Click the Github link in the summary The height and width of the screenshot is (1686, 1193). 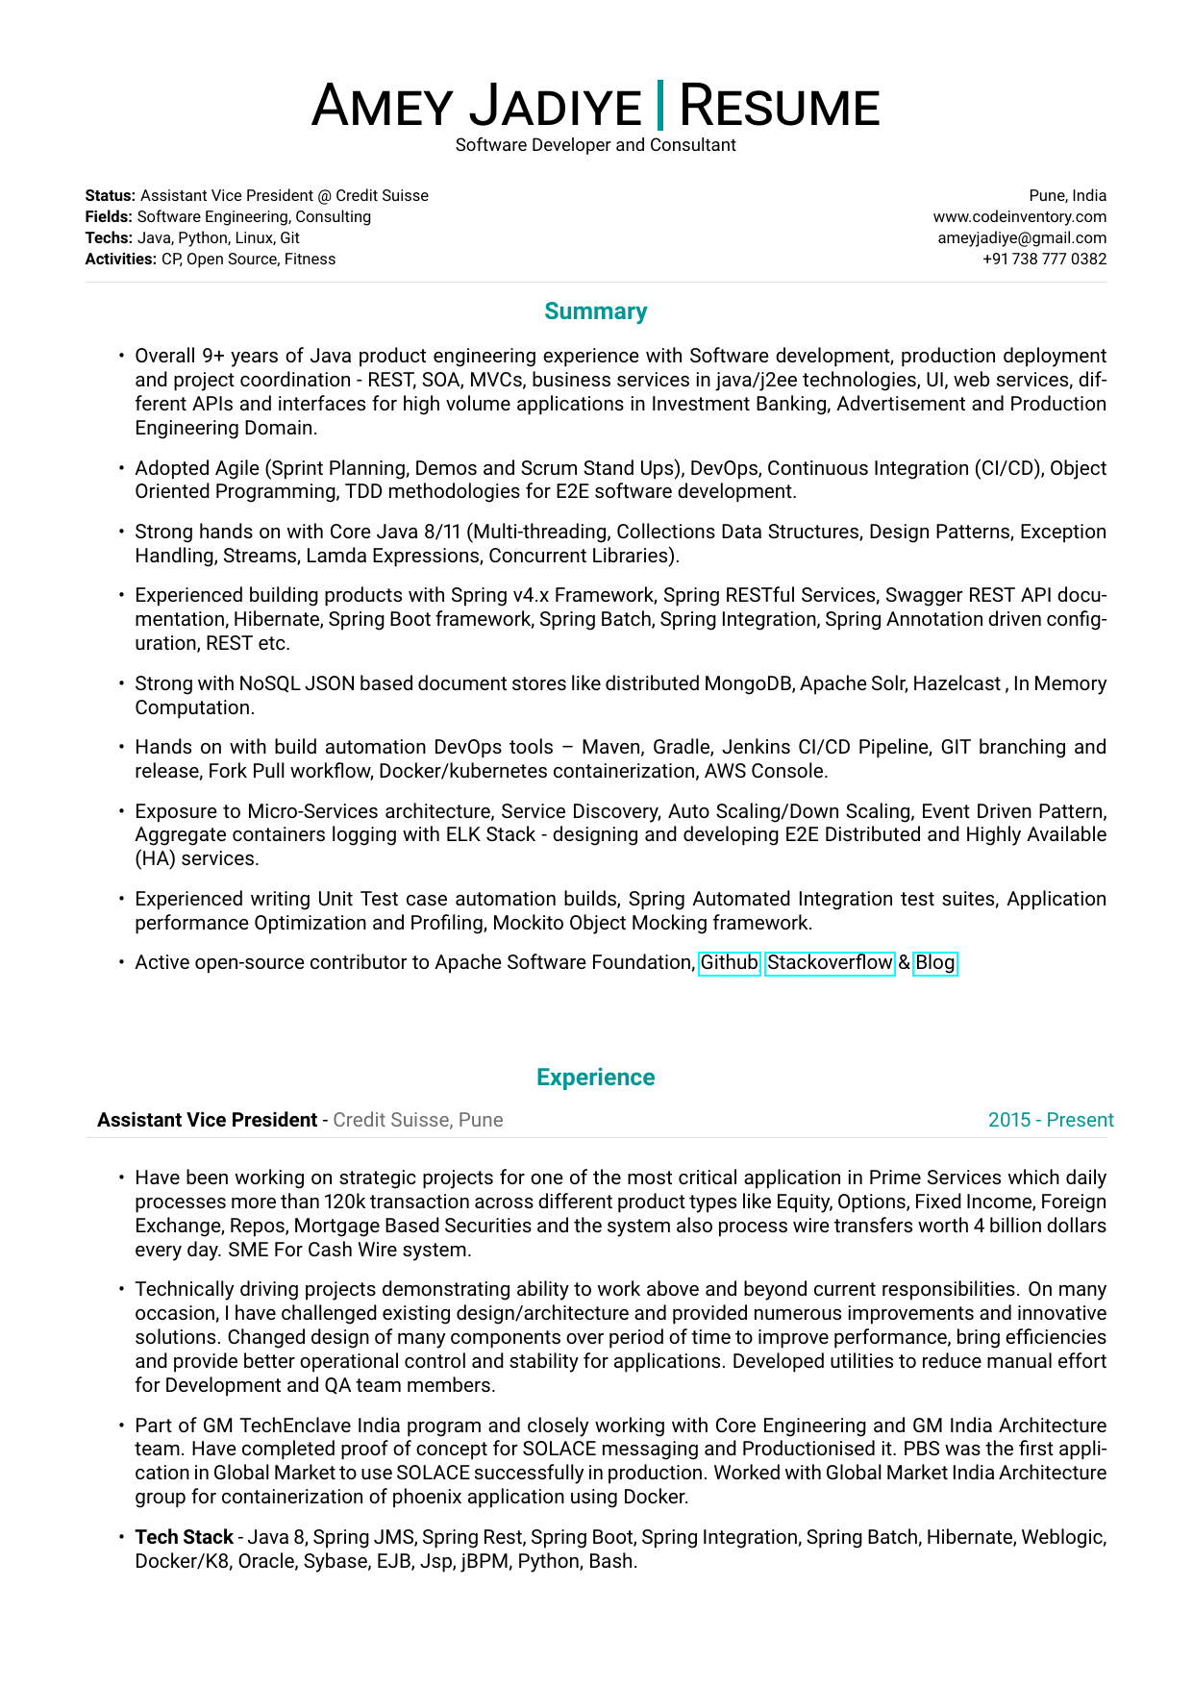tap(730, 963)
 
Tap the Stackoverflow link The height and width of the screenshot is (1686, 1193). tap(830, 963)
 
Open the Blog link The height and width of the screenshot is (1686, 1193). tap(935, 963)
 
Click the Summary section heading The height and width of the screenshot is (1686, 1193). tap(596, 311)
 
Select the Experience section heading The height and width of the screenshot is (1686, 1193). tap(596, 1078)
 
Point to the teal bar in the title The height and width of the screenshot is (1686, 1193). tap(659, 106)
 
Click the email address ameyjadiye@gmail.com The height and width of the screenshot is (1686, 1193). tap(1022, 238)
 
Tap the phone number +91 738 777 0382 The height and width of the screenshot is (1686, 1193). tap(1044, 260)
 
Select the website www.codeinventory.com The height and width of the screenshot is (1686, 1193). tap(1020, 217)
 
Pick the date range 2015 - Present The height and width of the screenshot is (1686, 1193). tap(1051, 1120)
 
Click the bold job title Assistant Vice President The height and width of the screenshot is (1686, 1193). tap(208, 1120)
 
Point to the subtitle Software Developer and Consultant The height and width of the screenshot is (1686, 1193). tap(596, 145)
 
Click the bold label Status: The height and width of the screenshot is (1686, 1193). tap(111, 196)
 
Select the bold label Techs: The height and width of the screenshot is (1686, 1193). tap(109, 238)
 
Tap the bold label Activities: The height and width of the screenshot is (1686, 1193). tap(120, 260)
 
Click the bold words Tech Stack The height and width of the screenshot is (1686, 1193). tap(185, 1537)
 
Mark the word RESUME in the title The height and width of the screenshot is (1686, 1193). tap(780, 107)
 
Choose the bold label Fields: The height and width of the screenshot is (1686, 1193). tap(110, 217)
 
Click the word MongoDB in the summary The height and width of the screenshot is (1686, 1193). tap(749, 683)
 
